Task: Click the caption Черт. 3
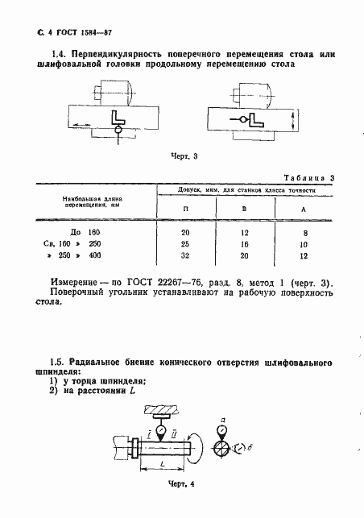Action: tap(184, 156)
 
